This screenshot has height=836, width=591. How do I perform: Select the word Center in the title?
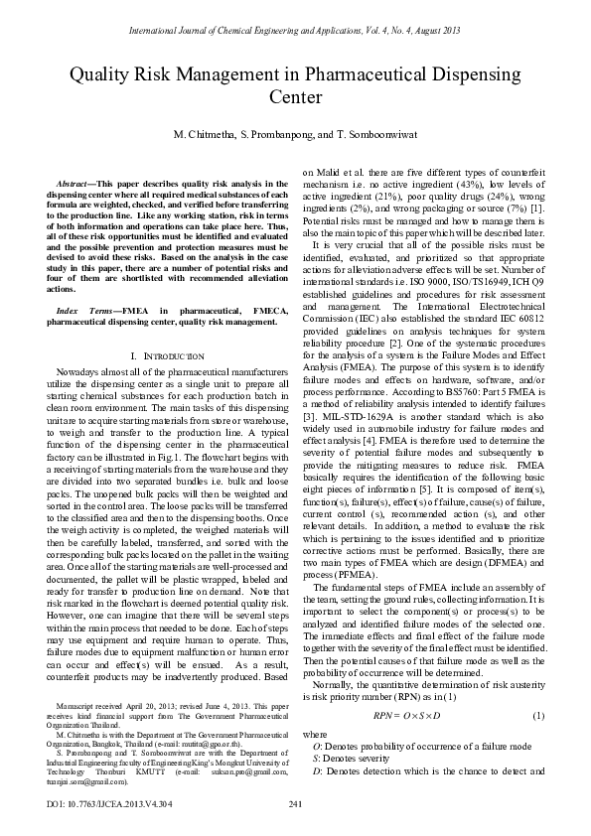pyautogui.click(x=295, y=97)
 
